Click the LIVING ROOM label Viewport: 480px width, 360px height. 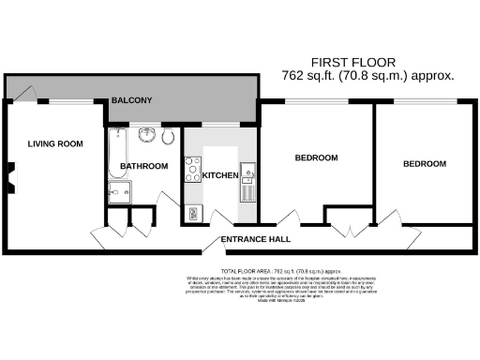point(55,144)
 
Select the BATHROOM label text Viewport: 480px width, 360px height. point(143,167)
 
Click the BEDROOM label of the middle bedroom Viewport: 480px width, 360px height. point(316,157)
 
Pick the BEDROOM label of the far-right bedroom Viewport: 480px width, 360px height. point(424,164)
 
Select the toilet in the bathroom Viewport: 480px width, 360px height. point(168,139)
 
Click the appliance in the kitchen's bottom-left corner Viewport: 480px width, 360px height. point(194,214)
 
